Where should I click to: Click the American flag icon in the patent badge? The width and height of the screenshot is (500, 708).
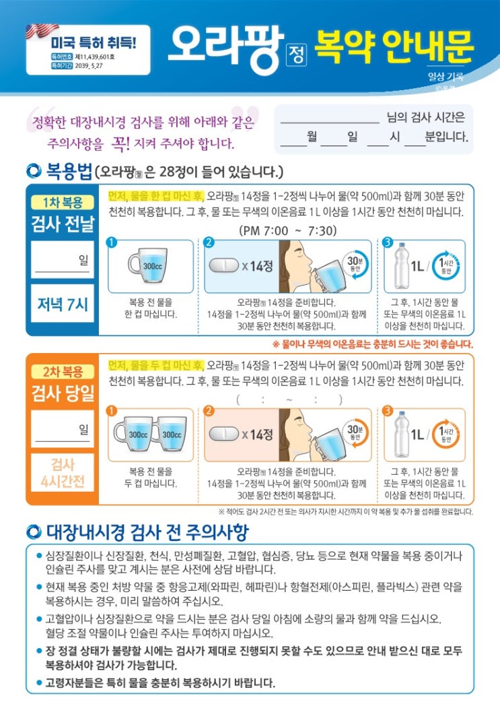pos(42,31)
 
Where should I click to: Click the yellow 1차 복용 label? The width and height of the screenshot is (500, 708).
pos(63,202)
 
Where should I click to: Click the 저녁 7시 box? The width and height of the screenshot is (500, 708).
pos(63,303)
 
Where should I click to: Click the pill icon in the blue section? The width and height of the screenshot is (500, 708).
pos(224,265)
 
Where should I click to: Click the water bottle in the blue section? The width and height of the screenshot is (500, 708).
pos(401,265)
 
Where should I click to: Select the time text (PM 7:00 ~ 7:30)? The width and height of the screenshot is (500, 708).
pos(288,231)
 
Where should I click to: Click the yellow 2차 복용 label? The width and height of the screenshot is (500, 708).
pos(63,372)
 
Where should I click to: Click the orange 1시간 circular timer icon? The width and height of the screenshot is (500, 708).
pos(446,435)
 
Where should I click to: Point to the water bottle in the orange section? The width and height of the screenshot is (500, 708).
pos(401,435)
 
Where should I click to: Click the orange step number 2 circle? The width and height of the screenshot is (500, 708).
pos(209,410)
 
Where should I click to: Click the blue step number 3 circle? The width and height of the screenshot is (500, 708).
pos(388,243)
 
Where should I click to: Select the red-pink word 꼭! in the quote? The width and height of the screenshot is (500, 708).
pos(120,143)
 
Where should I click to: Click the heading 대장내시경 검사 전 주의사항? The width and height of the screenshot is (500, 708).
pos(147,532)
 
